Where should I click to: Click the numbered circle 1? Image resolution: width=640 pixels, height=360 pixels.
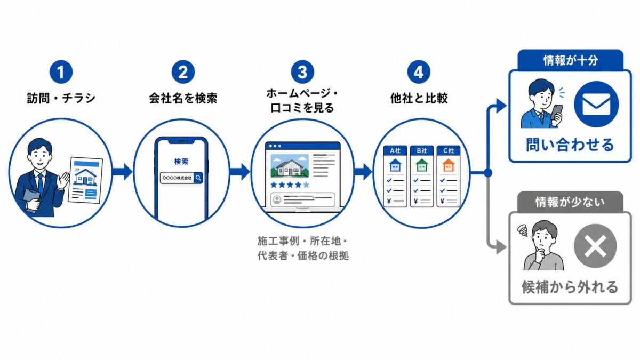(61, 71)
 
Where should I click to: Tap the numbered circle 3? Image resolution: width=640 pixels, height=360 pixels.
(302, 71)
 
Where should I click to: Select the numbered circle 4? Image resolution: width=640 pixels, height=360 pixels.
(419, 71)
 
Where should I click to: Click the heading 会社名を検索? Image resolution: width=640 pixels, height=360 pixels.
(183, 98)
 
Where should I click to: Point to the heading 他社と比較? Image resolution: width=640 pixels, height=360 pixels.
(419, 98)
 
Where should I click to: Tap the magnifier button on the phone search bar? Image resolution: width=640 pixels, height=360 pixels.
(198, 178)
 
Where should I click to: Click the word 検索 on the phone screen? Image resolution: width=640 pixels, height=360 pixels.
(181, 162)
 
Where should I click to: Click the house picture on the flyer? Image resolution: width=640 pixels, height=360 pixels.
(85, 177)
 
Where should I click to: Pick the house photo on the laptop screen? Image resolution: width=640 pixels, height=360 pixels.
(290, 166)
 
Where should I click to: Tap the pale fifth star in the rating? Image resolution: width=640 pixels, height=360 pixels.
(306, 185)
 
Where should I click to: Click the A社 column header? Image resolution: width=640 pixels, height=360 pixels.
(395, 150)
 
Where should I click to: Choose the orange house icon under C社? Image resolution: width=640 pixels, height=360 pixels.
(449, 165)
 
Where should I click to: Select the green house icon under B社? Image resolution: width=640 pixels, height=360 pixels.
(422, 165)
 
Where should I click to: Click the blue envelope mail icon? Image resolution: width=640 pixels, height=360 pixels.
(596, 105)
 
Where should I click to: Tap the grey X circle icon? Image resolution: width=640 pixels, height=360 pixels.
(595, 246)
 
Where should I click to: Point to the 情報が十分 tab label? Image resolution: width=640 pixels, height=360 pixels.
(570, 61)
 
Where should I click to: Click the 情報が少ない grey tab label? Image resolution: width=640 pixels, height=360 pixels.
(570, 202)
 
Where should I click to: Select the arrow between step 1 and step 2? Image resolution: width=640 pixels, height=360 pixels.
(122, 172)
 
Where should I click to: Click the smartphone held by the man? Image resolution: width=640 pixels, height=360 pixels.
(556, 113)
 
